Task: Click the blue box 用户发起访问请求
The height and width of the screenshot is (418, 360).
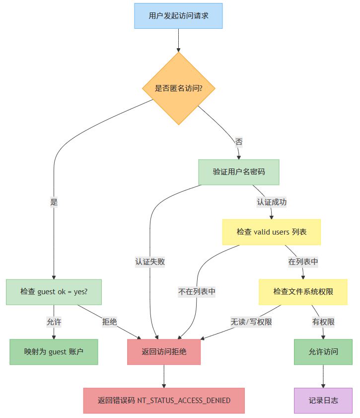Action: pos(178,16)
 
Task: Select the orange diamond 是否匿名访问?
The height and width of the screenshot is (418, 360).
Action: pos(178,88)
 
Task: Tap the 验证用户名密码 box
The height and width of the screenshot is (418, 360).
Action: pos(239,172)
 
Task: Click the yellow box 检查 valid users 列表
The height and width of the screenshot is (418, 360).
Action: pos(271,232)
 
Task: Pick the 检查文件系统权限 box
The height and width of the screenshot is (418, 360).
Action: pos(303,292)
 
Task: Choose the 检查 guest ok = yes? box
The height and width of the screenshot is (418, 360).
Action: pos(54,292)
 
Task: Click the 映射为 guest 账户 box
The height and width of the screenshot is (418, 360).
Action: pos(54,352)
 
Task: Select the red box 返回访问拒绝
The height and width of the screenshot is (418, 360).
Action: pos(164,352)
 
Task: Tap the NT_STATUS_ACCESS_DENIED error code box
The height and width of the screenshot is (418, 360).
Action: pos(164,401)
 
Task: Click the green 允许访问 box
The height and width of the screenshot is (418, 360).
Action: pos(323,352)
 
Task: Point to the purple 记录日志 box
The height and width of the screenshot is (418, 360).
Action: pos(323,401)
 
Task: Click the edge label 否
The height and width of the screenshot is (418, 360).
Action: pos(239,142)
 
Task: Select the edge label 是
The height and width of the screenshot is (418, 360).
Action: pos(54,202)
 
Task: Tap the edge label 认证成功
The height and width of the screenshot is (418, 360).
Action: pos(271,202)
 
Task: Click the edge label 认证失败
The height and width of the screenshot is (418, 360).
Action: pos(150,262)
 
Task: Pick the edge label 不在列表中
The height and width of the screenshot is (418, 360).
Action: pos(197,292)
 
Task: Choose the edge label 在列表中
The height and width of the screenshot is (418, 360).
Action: pos(303,262)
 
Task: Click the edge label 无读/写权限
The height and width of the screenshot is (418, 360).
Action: pos(251,322)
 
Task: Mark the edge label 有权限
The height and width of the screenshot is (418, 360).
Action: pos(323,322)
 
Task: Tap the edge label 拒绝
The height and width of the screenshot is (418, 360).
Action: pos(110,322)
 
